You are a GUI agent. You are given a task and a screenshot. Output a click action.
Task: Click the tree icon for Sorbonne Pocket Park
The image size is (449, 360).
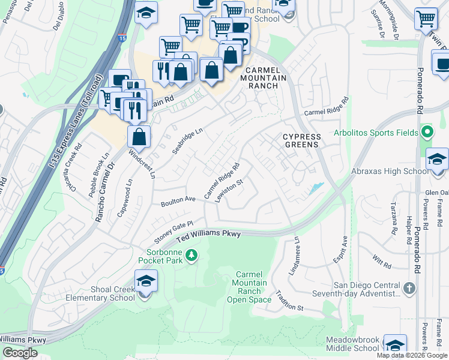(x=191, y=256)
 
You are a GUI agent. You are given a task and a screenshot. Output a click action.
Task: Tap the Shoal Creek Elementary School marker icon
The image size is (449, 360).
(x=145, y=281)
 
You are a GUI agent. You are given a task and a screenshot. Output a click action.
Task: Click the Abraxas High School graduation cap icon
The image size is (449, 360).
(x=438, y=159)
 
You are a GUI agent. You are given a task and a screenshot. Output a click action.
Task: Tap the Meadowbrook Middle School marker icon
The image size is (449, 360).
(x=394, y=345)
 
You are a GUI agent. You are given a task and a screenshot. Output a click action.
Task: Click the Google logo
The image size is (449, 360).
(x=20, y=353)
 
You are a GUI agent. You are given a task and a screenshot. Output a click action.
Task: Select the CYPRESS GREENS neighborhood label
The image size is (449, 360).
(x=302, y=141)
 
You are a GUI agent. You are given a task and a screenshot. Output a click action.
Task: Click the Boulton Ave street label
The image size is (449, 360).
(x=178, y=201)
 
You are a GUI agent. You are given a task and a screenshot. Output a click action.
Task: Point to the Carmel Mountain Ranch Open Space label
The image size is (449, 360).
(x=250, y=287)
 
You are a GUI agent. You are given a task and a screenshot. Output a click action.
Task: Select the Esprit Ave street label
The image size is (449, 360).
(x=341, y=248)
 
